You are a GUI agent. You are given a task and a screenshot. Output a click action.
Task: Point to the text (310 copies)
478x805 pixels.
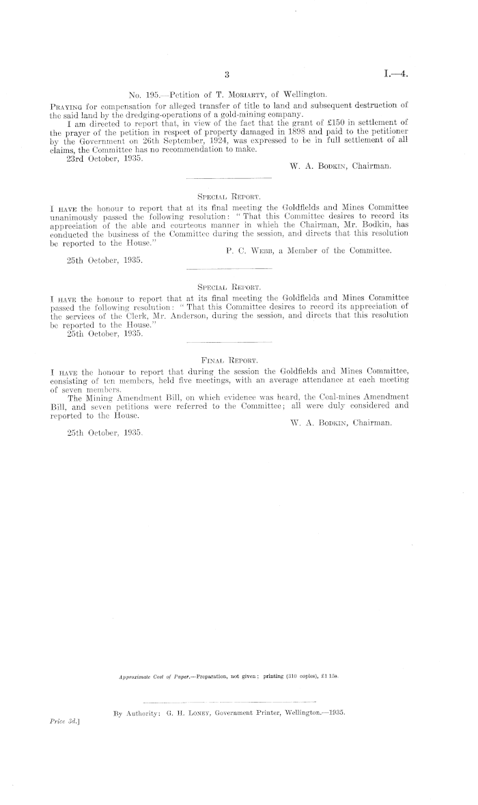click(x=294, y=677)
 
